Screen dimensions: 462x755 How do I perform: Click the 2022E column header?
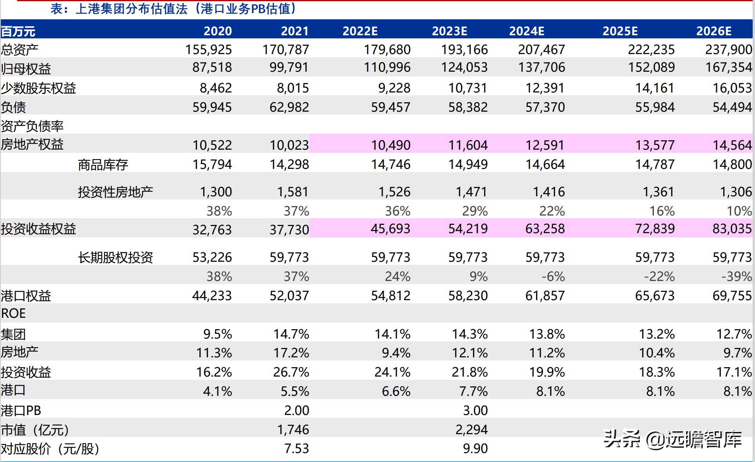pyautogui.click(x=360, y=31)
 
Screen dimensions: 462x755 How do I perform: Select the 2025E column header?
pyautogui.click(x=620, y=31)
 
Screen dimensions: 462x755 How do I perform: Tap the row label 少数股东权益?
pyautogui.click(x=38, y=88)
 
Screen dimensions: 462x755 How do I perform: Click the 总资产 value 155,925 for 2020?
pyautogui.click(x=208, y=50)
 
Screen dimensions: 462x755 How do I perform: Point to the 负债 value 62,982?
pyautogui.click(x=289, y=107)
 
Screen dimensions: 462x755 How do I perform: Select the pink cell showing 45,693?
pyautogui.click(x=390, y=228)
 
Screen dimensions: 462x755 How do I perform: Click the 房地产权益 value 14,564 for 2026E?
pyautogui.click(x=732, y=145)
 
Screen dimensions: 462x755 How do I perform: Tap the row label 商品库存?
pyautogui.click(x=103, y=165)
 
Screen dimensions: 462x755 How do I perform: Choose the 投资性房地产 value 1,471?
pyautogui.click(x=471, y=192)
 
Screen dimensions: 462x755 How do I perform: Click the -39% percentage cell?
pyautogui.click(x=736, y=277)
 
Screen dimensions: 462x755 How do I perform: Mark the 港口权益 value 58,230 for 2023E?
pyautogui.click(x=468, y=295)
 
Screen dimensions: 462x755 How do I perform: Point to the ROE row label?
pyautogui.click(x=14, y=313)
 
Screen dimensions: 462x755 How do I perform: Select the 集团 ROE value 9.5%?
pyautogui.click(x=217, y=334)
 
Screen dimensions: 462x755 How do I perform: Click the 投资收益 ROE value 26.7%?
pyautogui.click(x=291, y=372)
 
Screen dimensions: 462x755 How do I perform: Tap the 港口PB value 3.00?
pyautogui.click(x=475, y=410)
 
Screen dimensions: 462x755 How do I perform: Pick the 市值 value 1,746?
pyautogui.click(x=293, y=429)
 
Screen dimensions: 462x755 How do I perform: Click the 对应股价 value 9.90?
pyautogui.click(x=475, y=448)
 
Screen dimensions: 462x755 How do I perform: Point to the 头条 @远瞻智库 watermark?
pyautogui.click(x=672, y=439)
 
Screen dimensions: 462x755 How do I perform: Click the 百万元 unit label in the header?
pyautogui.click(x=18, y=31)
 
